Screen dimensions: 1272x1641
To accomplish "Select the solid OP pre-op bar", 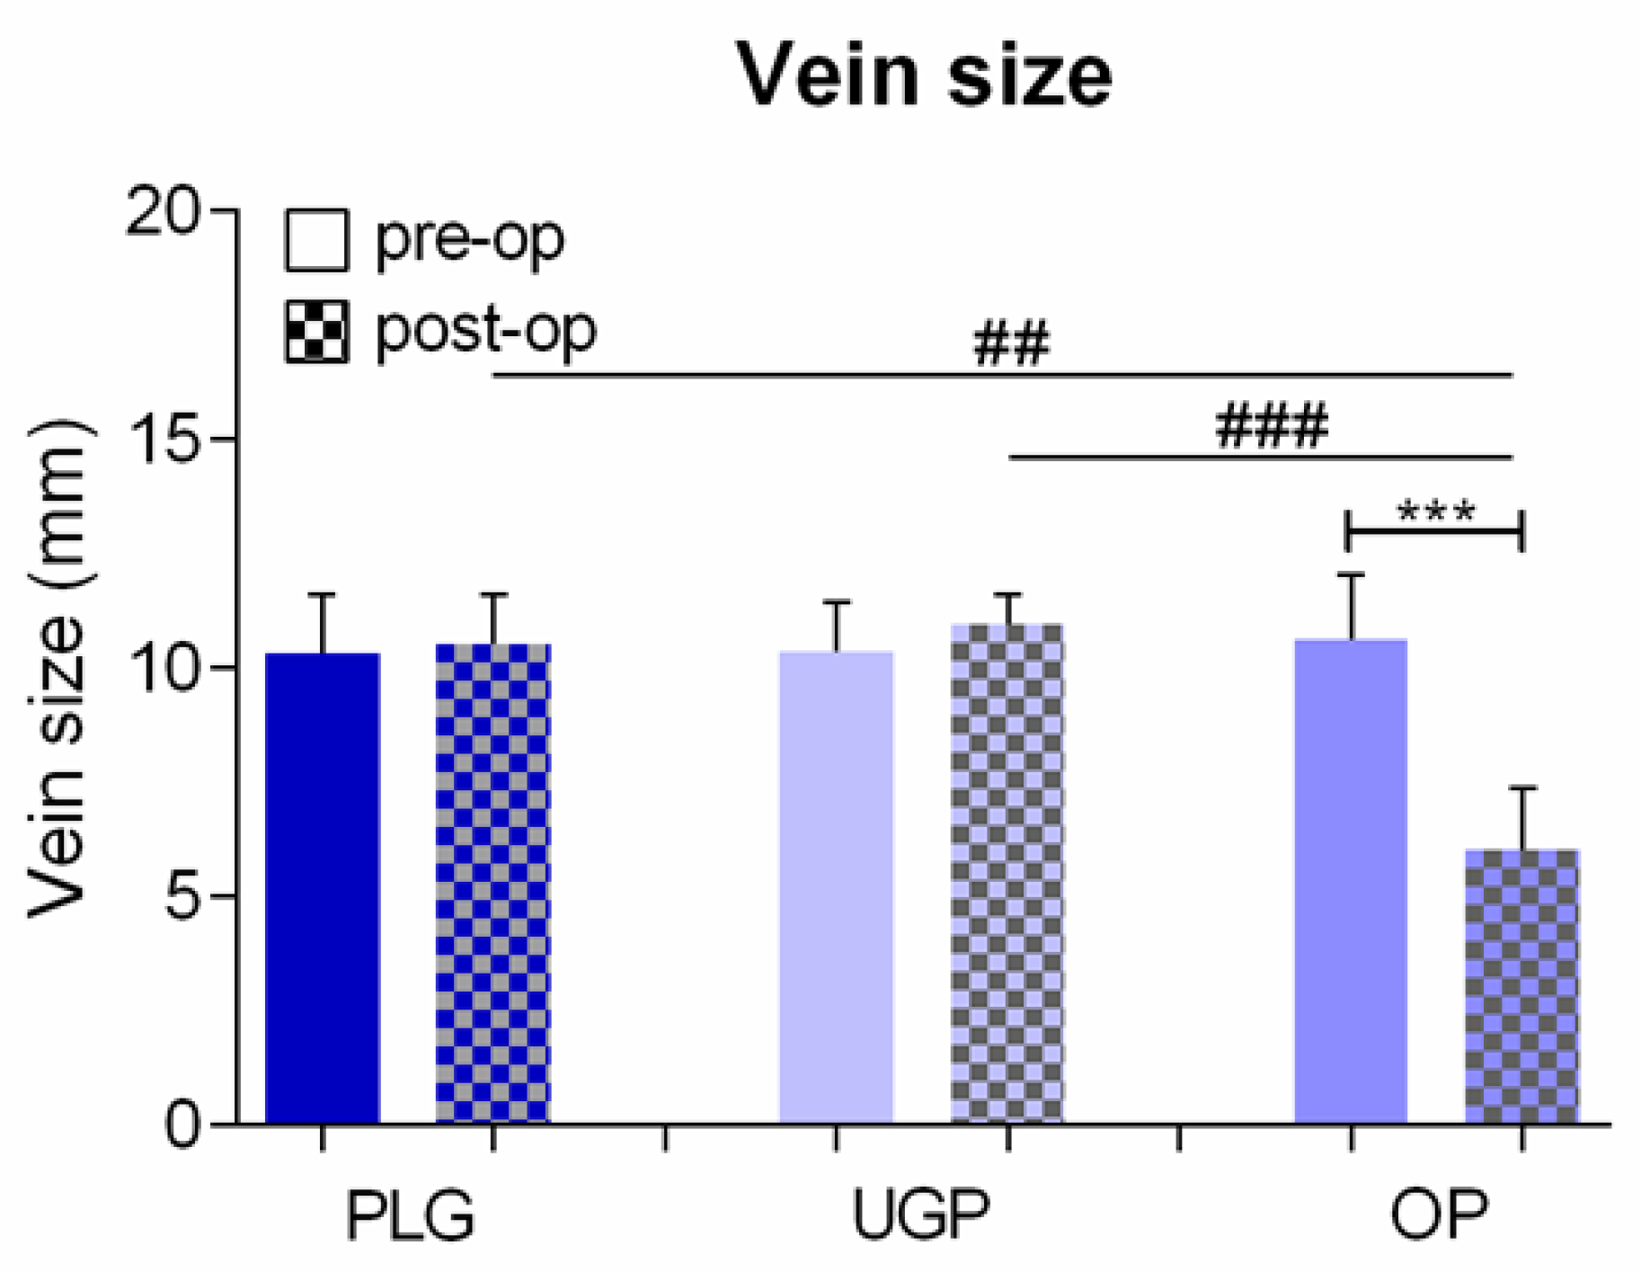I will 1351,881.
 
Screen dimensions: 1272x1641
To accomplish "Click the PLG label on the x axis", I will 410,1215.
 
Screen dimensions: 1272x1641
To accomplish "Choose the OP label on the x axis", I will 1438,1215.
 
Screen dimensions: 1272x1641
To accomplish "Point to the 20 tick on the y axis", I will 162,213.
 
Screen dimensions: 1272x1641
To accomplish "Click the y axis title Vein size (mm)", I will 58,670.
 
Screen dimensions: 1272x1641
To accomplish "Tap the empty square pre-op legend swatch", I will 316,240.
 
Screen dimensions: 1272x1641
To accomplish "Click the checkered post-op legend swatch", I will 316,332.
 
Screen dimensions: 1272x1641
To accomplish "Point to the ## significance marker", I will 1011,343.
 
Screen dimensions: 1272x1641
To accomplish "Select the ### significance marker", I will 1272,425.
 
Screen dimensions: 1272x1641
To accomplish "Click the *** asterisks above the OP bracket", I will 1435,512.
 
